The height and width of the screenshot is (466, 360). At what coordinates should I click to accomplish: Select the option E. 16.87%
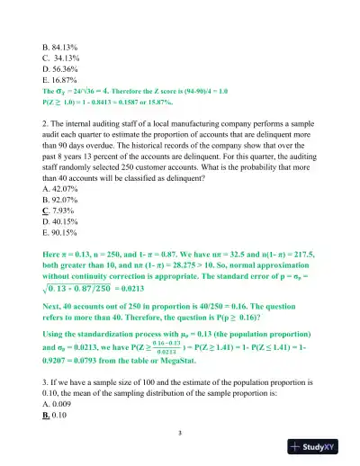[61, 78]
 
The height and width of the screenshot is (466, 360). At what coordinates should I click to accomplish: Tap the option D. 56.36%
[61, 66]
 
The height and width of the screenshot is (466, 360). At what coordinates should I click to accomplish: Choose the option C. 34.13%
[62, 53]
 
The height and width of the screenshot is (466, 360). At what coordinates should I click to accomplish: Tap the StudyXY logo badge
[320, 446]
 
